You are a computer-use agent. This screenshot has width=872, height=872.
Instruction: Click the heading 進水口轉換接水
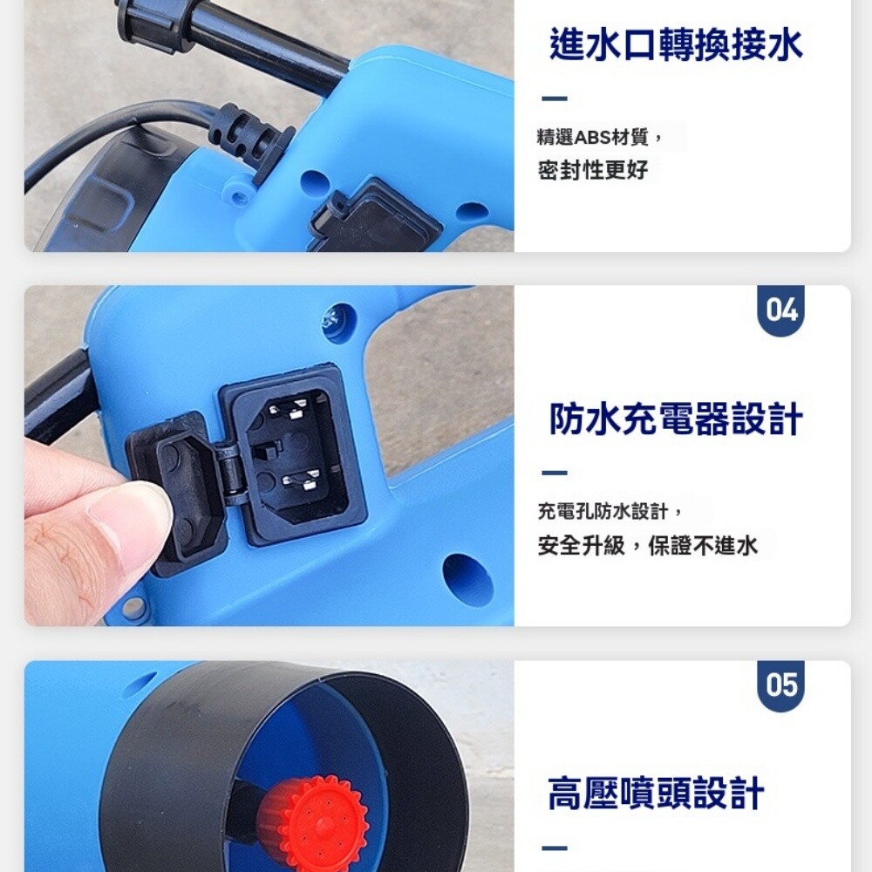[676, 44]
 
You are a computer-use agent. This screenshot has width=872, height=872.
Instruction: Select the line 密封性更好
[593, 170]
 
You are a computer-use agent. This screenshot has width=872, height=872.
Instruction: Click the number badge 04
[780, 310]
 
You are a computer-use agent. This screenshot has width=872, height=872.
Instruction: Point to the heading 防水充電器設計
[676, 419]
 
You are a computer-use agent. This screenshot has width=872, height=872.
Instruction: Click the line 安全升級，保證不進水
[647, 546]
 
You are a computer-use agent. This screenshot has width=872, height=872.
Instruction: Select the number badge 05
[780, 685]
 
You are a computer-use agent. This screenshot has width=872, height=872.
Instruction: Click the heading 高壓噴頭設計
[657, 794]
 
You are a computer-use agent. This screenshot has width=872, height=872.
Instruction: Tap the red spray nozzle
[311, 823]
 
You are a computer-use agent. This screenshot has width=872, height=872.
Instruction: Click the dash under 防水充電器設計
[555, 473]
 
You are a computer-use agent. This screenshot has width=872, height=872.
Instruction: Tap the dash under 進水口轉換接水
[555, 99]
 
